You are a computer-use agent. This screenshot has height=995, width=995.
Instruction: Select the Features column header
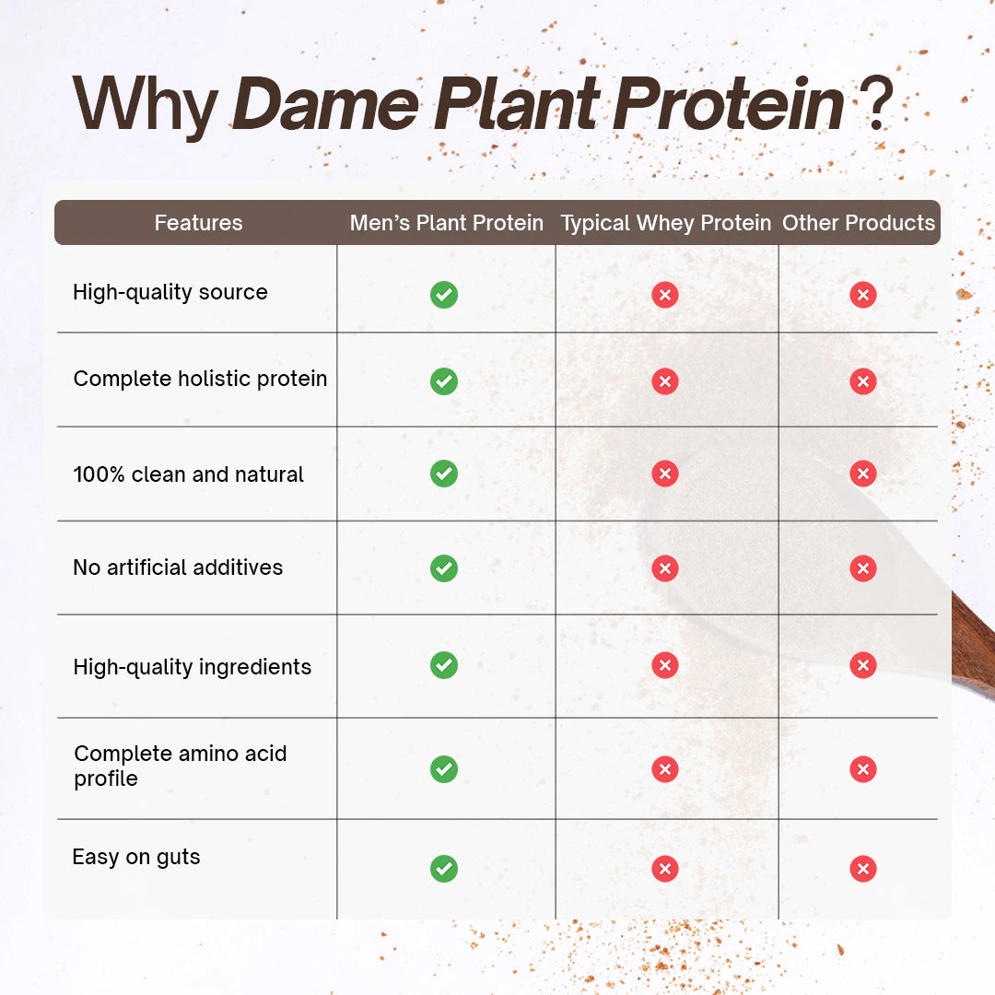click(198, 223)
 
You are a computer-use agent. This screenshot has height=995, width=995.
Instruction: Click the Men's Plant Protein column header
click(446, 223)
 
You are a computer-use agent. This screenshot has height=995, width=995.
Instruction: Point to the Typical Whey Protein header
click(665, 223)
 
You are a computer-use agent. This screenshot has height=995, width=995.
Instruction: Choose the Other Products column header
click(859, 223)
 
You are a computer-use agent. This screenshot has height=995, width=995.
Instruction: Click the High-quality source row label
click(170, 292)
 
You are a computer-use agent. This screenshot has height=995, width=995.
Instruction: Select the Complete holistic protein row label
click(200, 379)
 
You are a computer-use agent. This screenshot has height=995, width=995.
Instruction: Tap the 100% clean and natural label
click(188, 474)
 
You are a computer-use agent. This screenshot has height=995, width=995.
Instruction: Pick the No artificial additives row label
click(178, 568)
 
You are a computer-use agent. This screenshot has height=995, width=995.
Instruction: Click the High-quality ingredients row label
click(193, 667)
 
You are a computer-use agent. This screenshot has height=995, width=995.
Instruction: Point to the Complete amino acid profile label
click(180, 766)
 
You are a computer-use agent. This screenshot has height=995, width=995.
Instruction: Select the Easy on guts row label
click(136, 857)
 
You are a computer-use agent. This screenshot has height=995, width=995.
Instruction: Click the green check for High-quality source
click(444, 295)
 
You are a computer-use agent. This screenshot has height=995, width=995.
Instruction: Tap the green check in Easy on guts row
click(444, 869)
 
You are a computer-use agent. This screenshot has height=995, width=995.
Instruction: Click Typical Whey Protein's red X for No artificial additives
click(665, 568)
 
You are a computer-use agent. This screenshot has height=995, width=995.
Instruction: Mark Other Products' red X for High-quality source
click(862, 295)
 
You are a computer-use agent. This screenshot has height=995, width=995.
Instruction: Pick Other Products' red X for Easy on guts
click(862, 869)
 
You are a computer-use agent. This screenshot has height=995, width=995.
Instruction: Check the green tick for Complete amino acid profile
click(444, 769)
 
